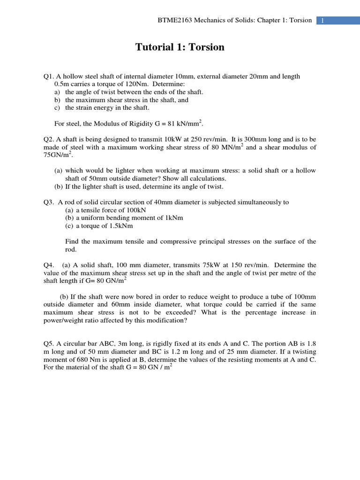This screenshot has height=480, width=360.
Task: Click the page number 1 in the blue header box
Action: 323,21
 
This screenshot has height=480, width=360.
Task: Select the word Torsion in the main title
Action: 206,47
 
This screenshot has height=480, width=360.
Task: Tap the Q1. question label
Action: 48,76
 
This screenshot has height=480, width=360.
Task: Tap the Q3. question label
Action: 48,202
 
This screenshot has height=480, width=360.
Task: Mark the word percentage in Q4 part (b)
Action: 263,313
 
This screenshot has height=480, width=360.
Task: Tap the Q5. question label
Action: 48,344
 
